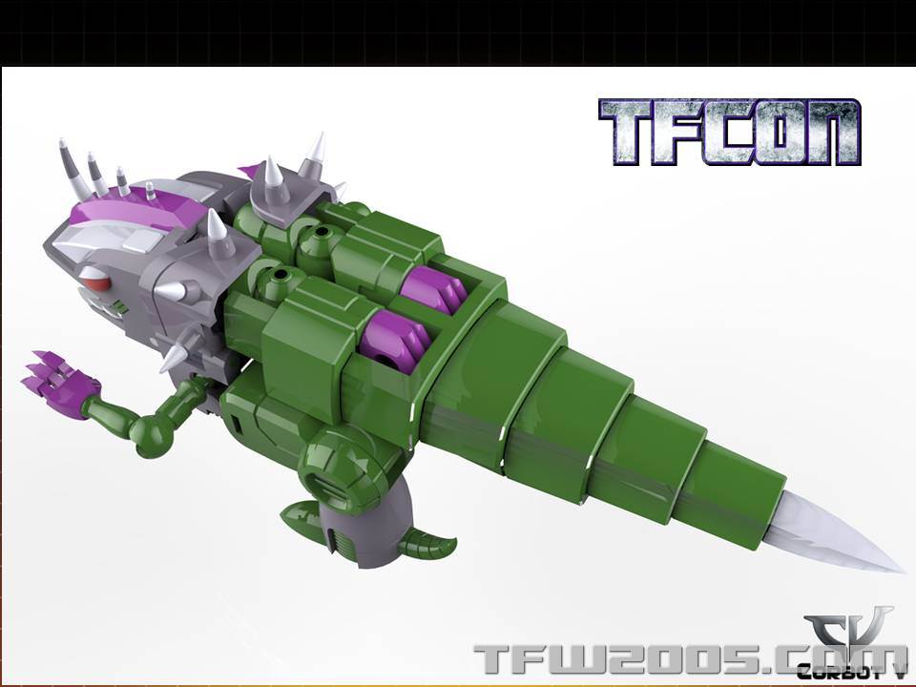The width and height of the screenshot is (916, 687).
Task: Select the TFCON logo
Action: click(729, 132)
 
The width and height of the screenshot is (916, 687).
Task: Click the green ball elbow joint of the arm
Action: click(153, 434)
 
